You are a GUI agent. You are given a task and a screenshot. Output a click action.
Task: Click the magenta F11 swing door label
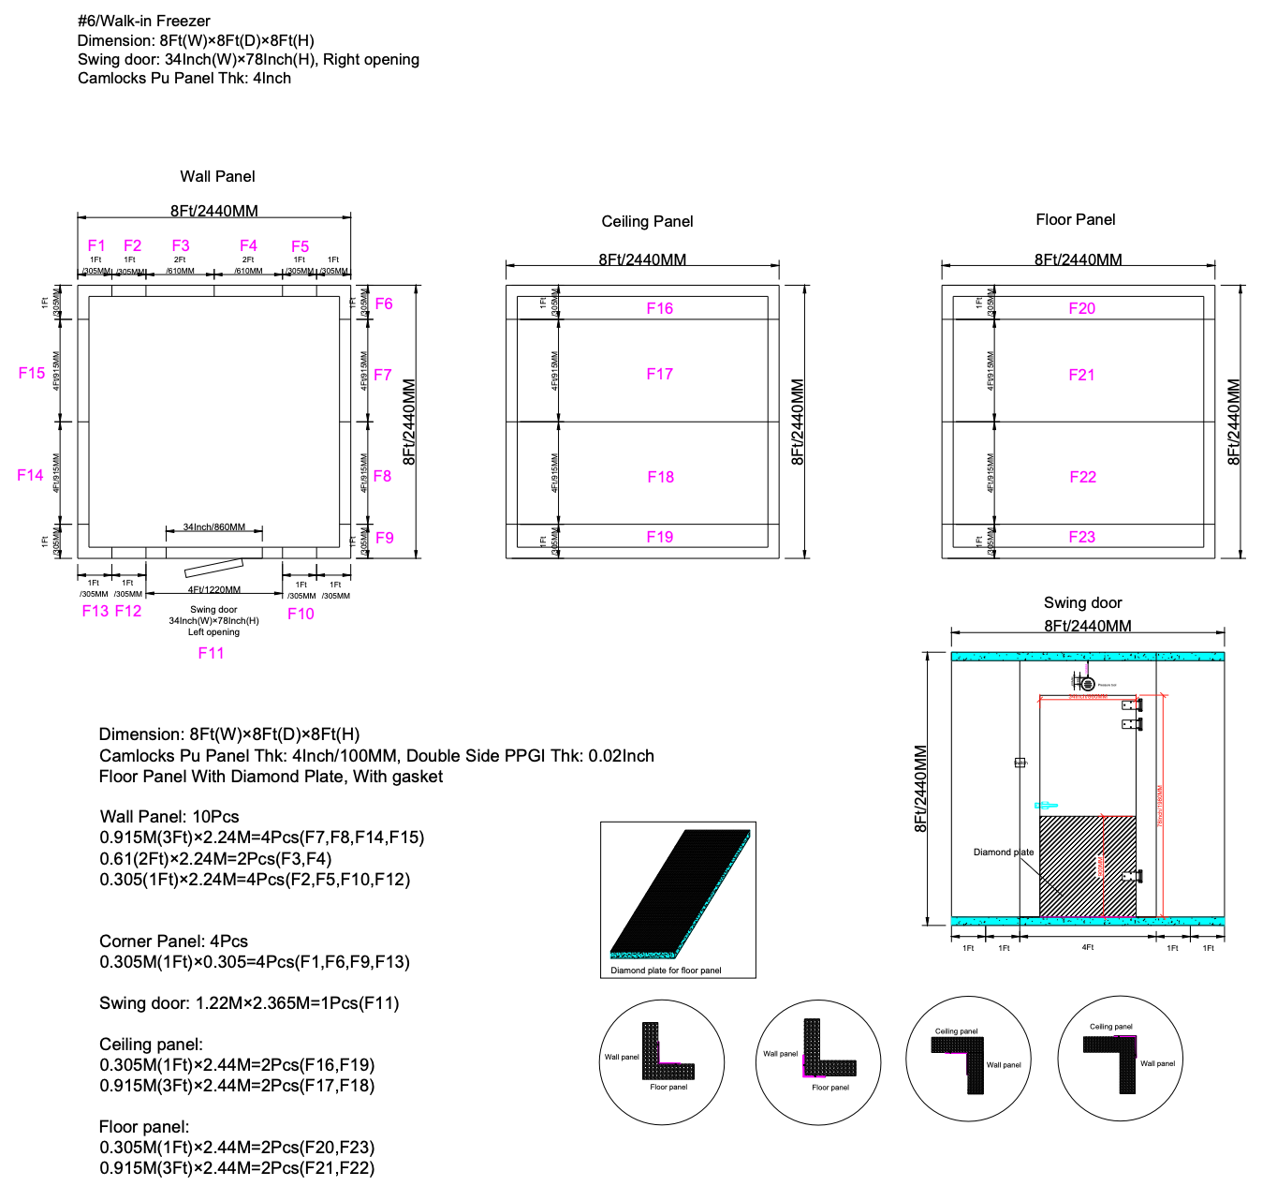(x=211, y=653)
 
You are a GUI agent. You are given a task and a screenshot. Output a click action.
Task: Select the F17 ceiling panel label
(x=659, y=374)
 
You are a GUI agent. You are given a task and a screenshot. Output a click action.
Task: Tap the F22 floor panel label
(x=1082, y=477)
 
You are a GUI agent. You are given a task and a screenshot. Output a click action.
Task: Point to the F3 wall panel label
(x=181, y=245)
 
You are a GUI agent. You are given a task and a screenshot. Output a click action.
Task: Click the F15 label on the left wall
(x=32, y=373)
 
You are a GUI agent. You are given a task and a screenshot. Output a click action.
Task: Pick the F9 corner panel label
(x=384, y=538)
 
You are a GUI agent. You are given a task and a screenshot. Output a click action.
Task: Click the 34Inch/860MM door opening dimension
(x=213, y=527)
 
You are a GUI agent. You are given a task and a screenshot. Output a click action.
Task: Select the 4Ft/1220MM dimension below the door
(x=213, y=590)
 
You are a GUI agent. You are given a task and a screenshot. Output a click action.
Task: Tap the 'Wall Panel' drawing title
(x=217, y=176)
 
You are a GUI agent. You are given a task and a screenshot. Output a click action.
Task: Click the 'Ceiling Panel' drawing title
(x=647, y=221)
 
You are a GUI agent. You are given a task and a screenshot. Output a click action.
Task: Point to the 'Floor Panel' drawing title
(x=1075, y=219)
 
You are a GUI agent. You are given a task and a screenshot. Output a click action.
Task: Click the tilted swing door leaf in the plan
(x=213, y=569)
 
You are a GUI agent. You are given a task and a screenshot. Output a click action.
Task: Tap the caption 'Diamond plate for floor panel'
(x=666, y=971)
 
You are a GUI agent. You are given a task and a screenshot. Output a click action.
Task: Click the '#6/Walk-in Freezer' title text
(x=144, y=21)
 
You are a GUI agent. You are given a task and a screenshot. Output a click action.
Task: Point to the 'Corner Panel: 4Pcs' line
(x=173, y=941)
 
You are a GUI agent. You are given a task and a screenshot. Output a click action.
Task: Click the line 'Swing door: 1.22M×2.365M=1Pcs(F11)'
(x=249, y=1002)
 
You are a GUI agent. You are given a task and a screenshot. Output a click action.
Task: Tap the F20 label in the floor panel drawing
(x=1081, y=308)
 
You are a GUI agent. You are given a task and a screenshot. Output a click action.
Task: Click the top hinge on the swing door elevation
(x=1132, y=704)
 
